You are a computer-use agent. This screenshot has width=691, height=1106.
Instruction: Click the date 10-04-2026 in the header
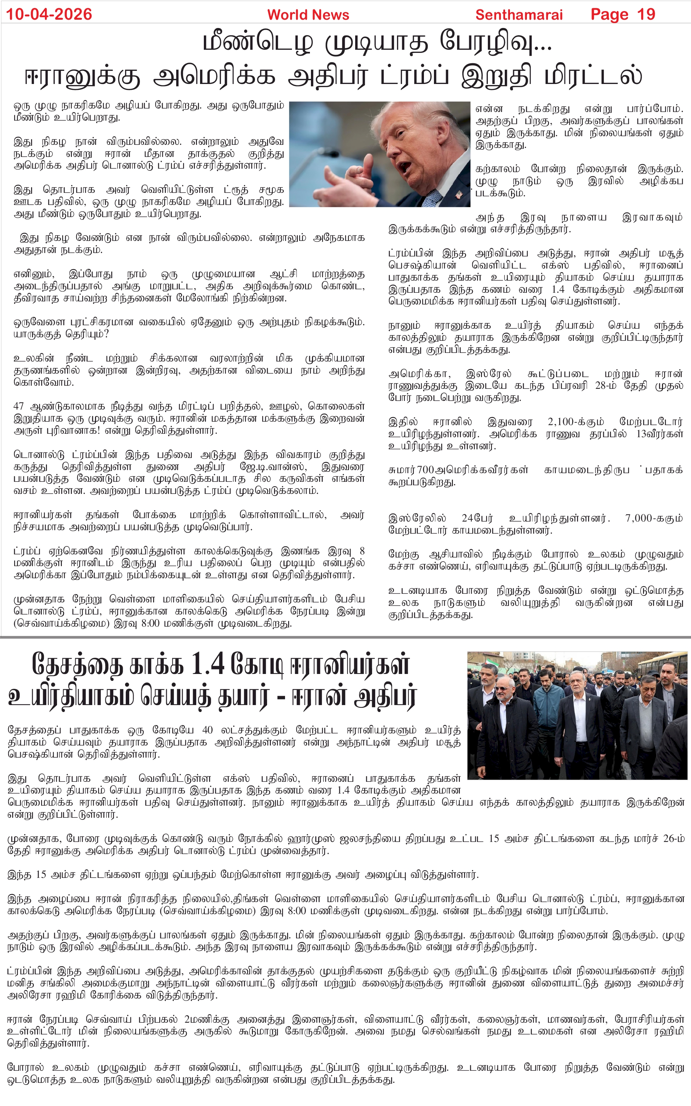tap(49, 14)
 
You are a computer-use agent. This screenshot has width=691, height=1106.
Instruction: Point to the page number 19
tap(646, 14)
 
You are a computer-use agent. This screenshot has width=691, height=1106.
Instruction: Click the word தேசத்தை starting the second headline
tap(78, 665)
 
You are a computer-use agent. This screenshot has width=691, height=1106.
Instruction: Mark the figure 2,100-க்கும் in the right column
tap(576, 421)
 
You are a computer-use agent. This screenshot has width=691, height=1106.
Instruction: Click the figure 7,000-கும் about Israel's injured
tap(654, 518)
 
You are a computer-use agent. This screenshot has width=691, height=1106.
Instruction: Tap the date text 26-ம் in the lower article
tap(674, 838)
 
